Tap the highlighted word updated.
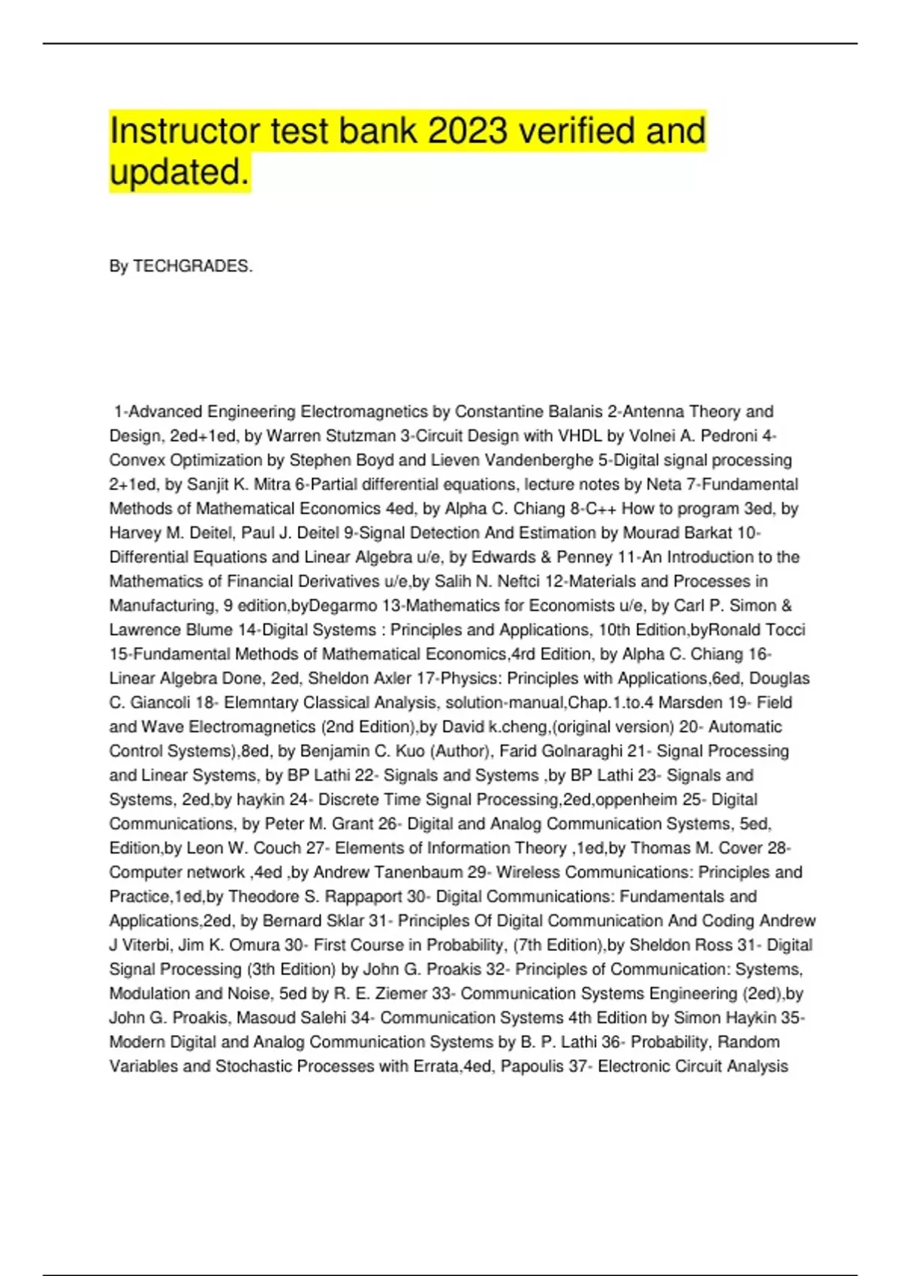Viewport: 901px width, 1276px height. (x=179, y=173)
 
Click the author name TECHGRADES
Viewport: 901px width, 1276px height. (x=193, y=266)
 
